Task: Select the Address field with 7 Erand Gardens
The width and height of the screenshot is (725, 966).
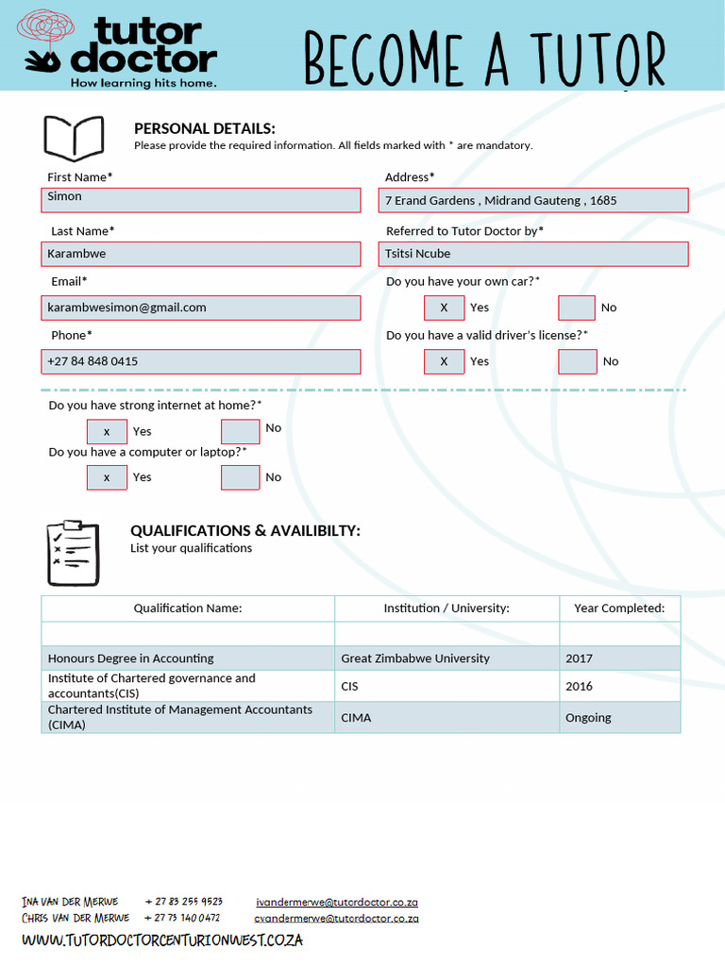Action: point(534,200)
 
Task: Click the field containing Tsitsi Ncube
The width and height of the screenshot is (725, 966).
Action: point(534,254)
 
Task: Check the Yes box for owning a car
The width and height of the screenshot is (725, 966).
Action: point(444,308)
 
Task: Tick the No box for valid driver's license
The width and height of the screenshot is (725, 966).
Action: point(577,361)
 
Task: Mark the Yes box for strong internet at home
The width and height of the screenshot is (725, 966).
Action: point(107,431)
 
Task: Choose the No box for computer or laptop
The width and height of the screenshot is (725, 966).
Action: point(240,477)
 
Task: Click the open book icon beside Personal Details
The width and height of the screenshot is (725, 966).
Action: point(74,138)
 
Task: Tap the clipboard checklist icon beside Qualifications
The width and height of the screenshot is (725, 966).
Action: point(72,552)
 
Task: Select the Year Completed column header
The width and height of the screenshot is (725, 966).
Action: point(619,608)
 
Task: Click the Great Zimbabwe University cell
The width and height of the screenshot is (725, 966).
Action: point(447,658)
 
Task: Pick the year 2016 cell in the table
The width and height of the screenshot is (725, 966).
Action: point(619,686)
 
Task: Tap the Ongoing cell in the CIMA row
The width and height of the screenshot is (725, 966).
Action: point(619,718)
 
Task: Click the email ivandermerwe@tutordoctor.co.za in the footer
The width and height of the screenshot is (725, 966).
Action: point(337,902)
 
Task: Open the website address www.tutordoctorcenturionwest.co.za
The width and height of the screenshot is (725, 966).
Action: point(162,940)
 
